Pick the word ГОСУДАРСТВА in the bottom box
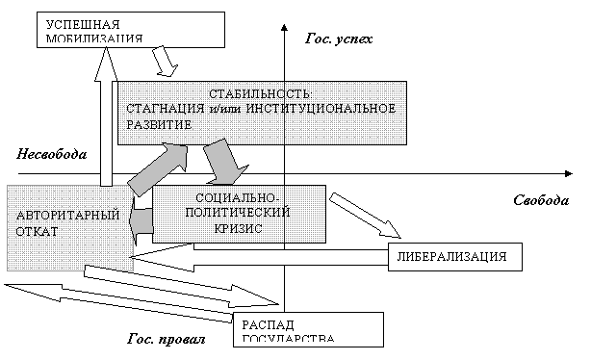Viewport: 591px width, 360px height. [290, 339]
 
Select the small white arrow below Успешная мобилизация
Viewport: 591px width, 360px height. [167, 61]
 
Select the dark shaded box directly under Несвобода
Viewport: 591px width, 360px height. [68, 227]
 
